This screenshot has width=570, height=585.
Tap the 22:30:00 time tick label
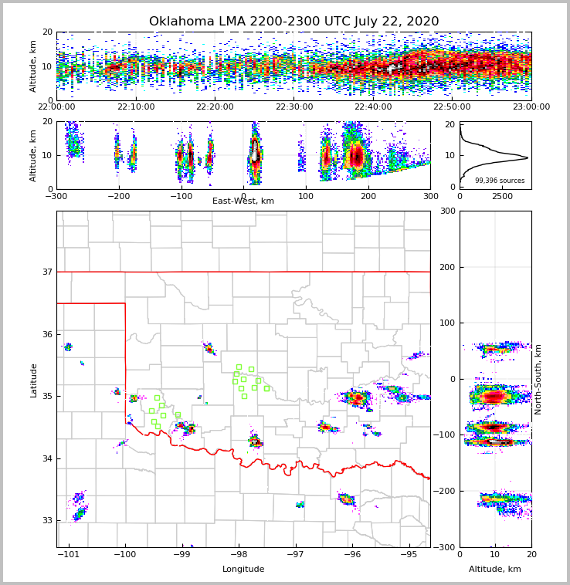294,107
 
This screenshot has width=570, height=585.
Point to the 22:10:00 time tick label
136,107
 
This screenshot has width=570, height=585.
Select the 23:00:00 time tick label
531,107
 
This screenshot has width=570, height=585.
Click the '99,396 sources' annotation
500,181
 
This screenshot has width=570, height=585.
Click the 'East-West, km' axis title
243,201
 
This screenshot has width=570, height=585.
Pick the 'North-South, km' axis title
538,379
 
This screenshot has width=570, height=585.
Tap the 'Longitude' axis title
243,570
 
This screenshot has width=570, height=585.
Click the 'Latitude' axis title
34,380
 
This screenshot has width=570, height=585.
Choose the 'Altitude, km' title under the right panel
495,570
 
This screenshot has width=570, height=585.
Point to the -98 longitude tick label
238,555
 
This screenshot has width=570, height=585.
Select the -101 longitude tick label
69,555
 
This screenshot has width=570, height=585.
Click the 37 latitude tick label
47,272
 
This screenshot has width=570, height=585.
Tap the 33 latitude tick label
47,521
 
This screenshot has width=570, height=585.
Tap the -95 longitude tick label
409,555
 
